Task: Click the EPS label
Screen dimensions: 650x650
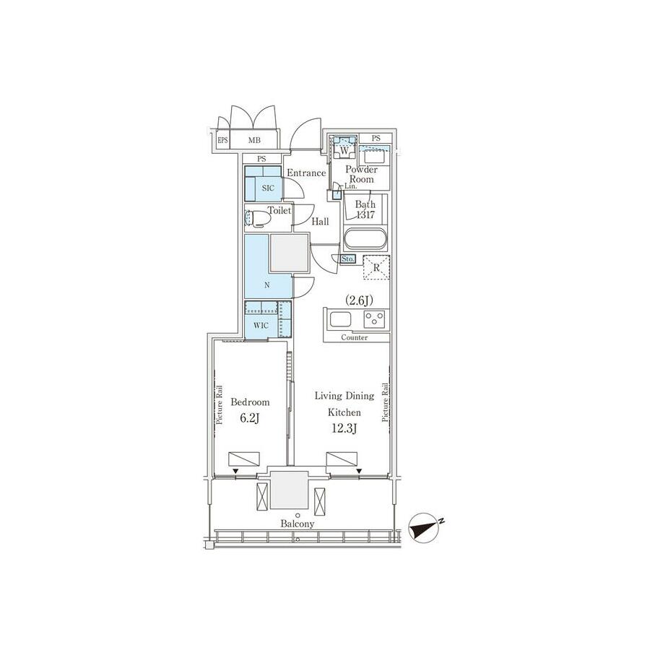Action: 223,140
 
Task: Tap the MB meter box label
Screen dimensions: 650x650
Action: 254,141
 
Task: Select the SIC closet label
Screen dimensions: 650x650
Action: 268,188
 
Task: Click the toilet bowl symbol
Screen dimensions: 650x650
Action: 256,218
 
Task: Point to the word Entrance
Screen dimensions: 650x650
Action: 306,173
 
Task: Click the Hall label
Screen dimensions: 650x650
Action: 320,222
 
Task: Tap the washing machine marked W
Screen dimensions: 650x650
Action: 344,147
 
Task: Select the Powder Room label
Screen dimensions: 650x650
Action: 362,175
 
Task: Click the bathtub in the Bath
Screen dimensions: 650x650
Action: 365,239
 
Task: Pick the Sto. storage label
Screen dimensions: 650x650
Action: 348,259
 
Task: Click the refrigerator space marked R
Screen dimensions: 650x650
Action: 376,267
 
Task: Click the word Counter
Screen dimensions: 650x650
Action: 354,337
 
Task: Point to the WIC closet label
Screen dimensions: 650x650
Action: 261,326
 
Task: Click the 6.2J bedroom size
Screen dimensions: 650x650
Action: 250,418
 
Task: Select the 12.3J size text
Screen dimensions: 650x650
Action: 344,428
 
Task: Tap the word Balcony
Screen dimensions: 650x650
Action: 298,524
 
